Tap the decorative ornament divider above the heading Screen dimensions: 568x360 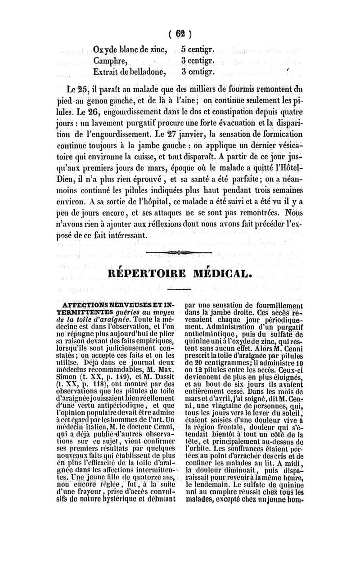click(x=180, y=252)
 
